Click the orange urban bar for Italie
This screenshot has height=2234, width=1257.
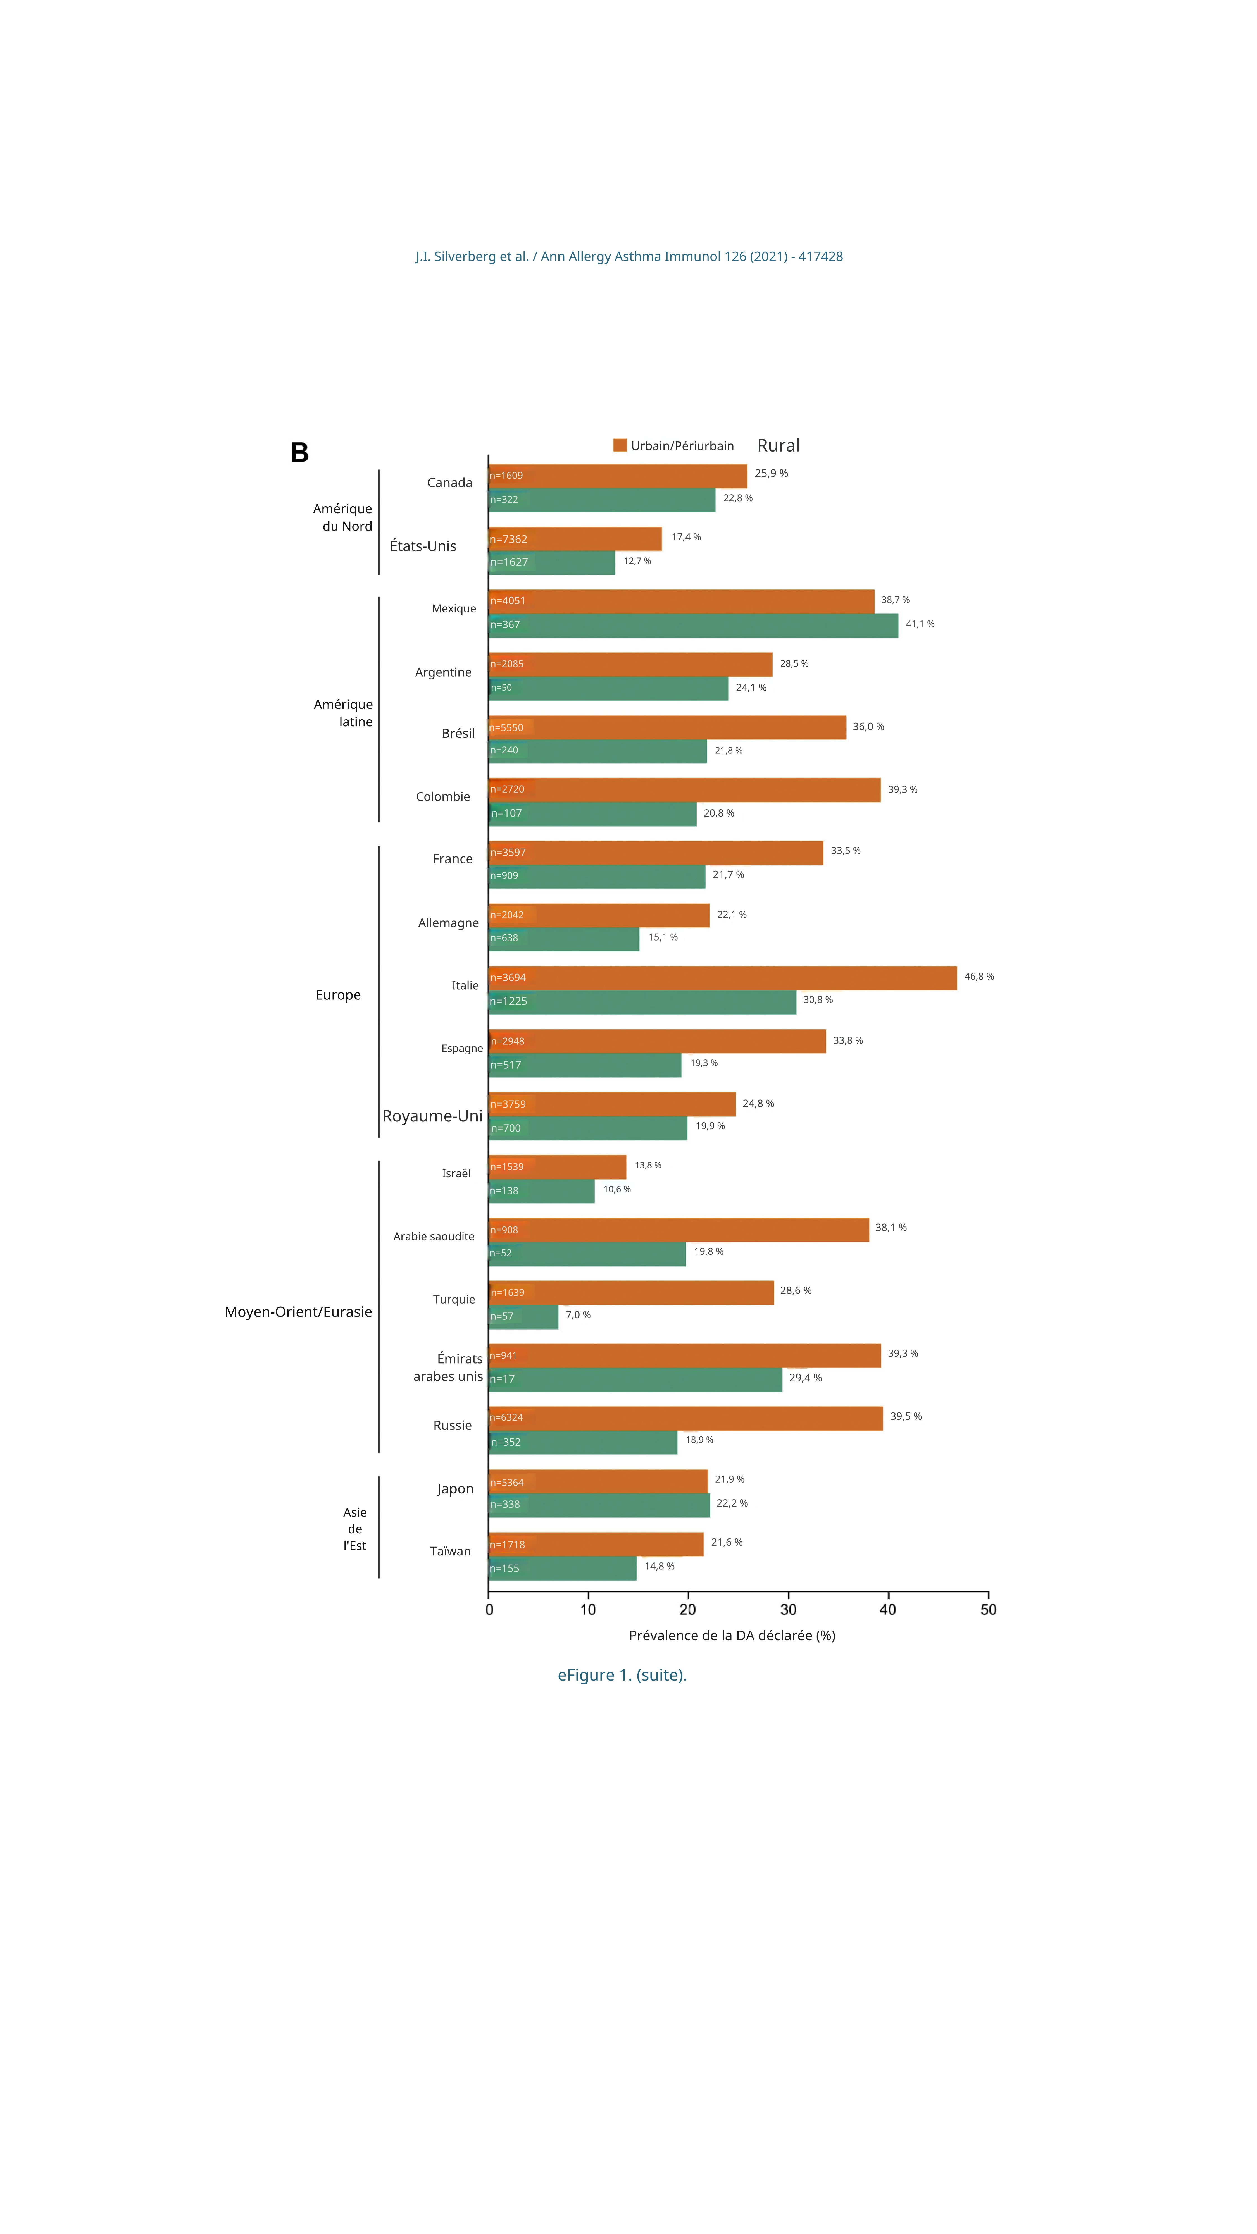click(x=723, y=977)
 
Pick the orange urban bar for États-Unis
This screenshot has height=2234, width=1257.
click(x=575, y=539)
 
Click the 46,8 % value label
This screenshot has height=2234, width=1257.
click(x=979, y=977)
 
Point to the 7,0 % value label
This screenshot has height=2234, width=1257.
click(x=578, y=1315)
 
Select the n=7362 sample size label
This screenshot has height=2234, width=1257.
click(x=508, y=540)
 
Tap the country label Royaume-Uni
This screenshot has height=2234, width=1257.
click(x=432, y=1116)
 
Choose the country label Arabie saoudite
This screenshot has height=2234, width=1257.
click(x=434, y=1237)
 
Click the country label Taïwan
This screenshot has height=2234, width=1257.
click(x=450, y=1552)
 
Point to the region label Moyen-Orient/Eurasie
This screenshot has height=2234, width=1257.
click(x=298, y=1312)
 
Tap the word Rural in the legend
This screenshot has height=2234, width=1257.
click(x=778, y=446)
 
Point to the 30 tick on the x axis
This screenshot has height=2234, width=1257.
click(x=788, y=1610)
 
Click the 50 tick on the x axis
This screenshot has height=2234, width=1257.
click(x=988, y=1610)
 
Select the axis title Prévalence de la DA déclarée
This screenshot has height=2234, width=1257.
click(x=731, y=1636)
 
